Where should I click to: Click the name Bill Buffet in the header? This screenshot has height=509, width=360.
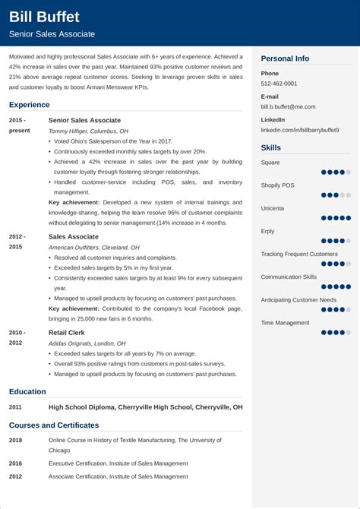point(44,17)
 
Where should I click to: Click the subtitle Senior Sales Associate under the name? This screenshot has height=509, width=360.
point(52,34)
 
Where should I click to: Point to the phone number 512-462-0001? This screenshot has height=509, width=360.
point(279,84)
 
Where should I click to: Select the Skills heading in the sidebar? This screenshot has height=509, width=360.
point(271,147)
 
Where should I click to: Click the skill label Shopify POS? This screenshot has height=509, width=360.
point(278,185)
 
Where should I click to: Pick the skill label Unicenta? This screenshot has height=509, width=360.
point(273,208)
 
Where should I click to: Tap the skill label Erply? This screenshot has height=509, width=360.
point(268,231)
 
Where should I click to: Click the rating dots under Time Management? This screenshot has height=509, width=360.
point(335,332)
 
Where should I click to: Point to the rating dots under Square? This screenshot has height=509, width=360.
point(335,172)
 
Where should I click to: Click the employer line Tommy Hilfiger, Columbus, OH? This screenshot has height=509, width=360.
point(88,131)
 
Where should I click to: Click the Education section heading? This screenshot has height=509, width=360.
point(27,392)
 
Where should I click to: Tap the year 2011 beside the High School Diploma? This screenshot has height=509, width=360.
point(16,407)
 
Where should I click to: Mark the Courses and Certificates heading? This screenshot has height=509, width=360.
point(54,425)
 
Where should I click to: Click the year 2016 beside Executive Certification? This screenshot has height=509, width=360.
point(16,462)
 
